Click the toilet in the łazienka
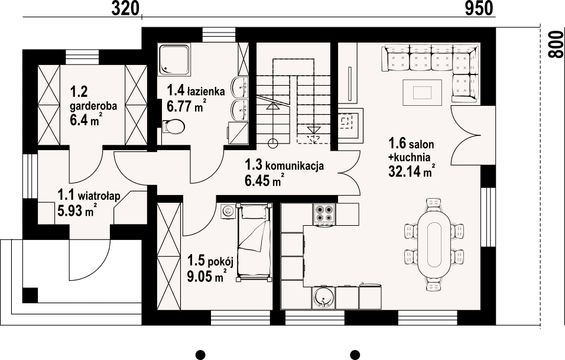click(174, 127)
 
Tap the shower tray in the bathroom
click(174, 60)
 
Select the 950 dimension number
click(479, 8)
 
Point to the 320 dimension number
click(125, 8)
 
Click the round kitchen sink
click(324, 299)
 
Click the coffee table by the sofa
click(423, 93)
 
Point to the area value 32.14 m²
click(411, 172)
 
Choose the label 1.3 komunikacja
click(284, 166)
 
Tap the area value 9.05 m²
click(207, 277)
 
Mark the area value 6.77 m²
click(187, 106)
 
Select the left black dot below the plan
click(201, 355)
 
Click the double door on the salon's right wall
click(466, 136)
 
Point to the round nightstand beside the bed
click(228, 211)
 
